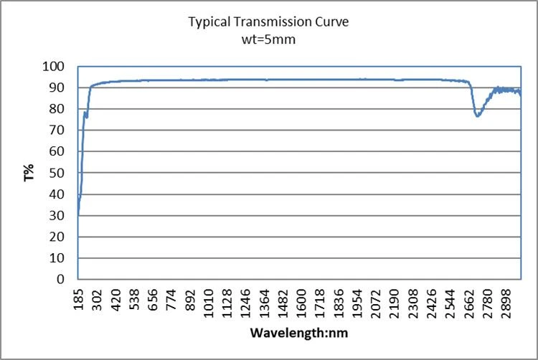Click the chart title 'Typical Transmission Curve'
[268, 22]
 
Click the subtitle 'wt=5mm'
[268, 39]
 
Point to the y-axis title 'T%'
[29, 172]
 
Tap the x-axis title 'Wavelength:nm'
[299, 333]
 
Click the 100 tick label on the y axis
[53, 67]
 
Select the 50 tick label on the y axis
[57, 173]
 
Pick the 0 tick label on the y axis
[60, 280]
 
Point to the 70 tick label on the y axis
[57, 131]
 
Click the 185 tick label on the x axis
[79, 299]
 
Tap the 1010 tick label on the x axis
[209, 303]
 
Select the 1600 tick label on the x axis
[301, 303]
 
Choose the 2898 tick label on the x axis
[506, 303]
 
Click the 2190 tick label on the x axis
[395, 303]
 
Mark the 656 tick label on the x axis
[153, 299]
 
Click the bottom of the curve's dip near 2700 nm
[477, 116]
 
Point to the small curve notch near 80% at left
[86, 115]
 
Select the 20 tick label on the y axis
[57, 237]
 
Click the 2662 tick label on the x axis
[468, 303]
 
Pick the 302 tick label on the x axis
[98, 299]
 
